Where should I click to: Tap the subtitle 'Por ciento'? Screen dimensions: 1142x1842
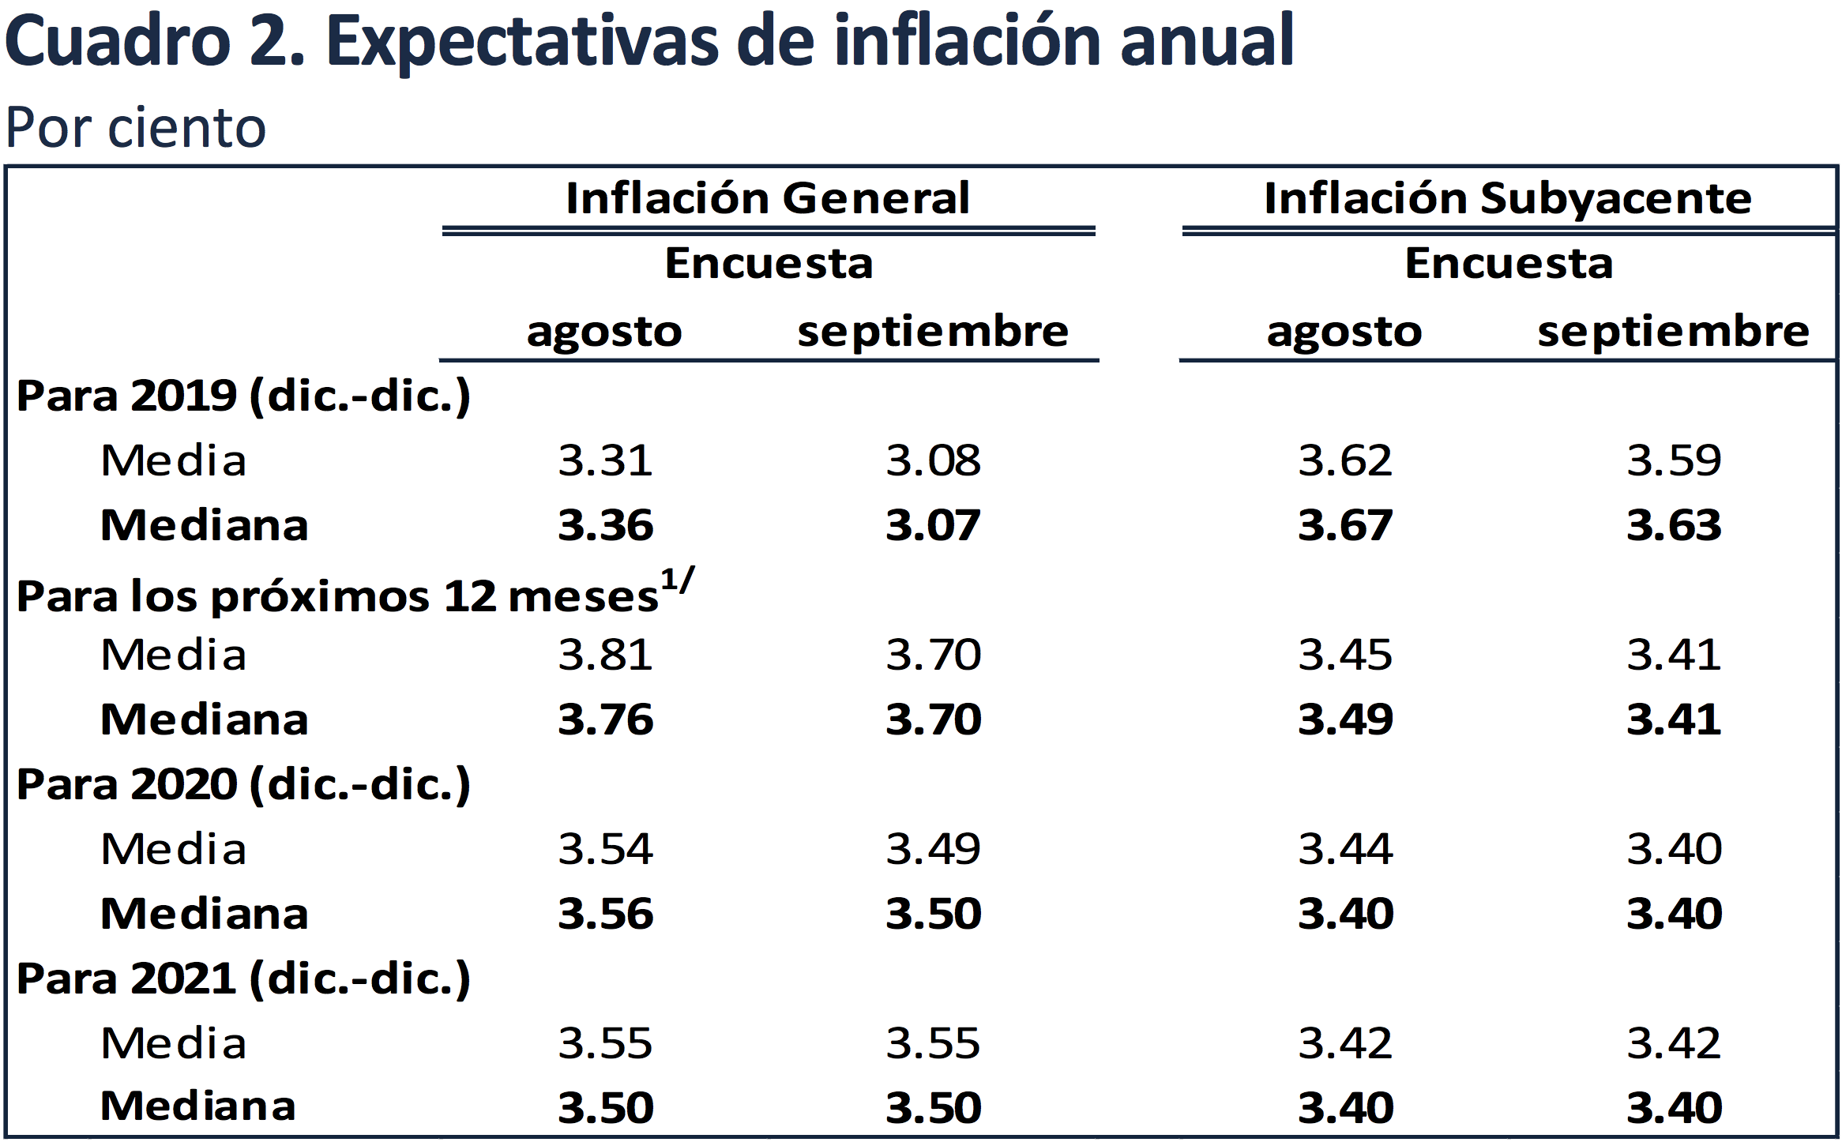[x=136, y=128]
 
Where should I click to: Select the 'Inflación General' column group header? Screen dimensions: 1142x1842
[x=768, y=198]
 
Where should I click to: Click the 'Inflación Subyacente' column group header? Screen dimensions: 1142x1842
[x=1507, y=198]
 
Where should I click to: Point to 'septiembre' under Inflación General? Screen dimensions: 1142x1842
[x=932, y=332]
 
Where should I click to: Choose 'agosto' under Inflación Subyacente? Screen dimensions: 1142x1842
[x=1344, y=332]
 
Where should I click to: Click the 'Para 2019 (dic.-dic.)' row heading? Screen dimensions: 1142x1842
[x=243, y=396]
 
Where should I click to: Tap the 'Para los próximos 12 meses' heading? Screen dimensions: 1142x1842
[x=338, y=596]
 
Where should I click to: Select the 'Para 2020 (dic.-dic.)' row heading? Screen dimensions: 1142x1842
[x=243, y=784]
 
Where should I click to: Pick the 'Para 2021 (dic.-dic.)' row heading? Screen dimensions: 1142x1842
[x=243, y=979]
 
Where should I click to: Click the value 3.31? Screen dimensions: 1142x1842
[x=605, y=460]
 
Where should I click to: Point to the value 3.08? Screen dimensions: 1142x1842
[x=933, y=460]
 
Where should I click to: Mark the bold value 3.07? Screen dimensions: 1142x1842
[x=933, y=525]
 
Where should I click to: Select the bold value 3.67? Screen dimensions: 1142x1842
[x=1345, y=525]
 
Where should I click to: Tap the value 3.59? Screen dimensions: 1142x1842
[x=1674, y=460]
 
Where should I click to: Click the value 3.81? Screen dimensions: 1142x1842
[x=605, y=655]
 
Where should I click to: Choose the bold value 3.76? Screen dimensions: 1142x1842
[x=605, y=719]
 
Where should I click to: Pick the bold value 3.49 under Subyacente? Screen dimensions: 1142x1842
[x=1345, y=719]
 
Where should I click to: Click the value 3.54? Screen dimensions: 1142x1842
[x=605, y=849]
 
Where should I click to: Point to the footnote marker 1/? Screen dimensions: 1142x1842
[x=678, y=579]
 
